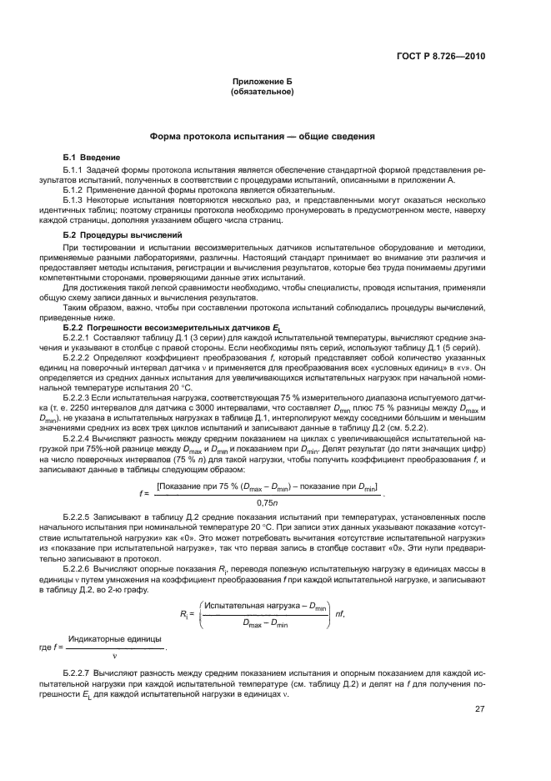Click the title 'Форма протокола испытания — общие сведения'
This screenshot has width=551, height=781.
tap(261, 136)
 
